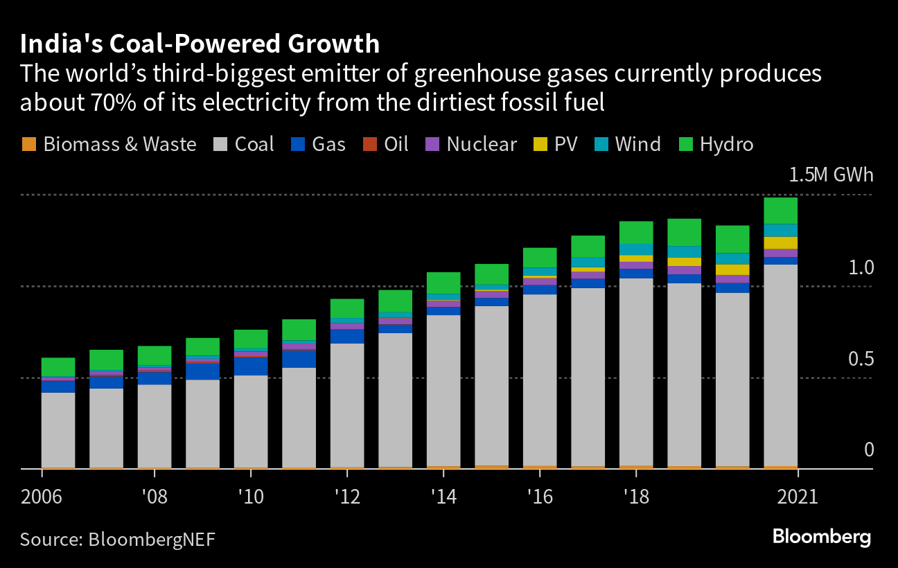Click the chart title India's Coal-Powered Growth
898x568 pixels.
(x=200, y=44)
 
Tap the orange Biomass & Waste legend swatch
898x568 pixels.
(x=28, y=144)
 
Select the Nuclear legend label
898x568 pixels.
(x=482, y=144)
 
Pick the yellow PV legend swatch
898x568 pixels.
(x=538, y=144)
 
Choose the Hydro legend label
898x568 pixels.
(x=726, y=144)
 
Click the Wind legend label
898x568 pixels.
(x=638, y=144)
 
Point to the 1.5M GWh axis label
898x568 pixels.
(x=831, y=175)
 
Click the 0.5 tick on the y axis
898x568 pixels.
(x=861, y=359)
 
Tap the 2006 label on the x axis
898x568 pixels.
(x=41, y=497)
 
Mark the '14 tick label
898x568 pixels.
(x=442, y=497)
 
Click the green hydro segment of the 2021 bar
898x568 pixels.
(x=780, y=211)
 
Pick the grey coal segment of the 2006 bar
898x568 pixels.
(x=58, y=429)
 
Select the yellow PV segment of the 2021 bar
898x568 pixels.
(x=780, y=242)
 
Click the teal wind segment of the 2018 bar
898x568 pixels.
(x=636, y=249)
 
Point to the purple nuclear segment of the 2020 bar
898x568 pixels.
(x=732, y=279)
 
